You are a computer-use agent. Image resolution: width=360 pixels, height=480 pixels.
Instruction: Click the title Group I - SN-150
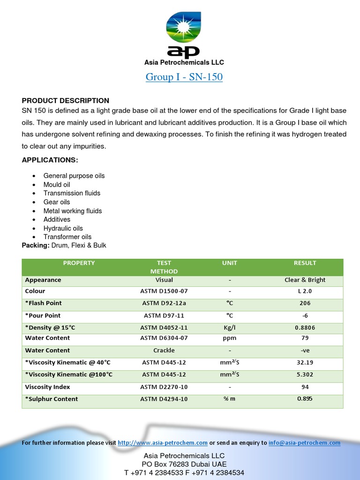(x=184, y=77)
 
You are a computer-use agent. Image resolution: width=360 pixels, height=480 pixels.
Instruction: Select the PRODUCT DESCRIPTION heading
(x=66, y=101)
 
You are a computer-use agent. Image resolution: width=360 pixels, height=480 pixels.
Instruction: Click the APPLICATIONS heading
(x=50, y=160)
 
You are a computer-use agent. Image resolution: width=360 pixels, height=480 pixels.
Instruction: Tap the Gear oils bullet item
(x=57, y=202)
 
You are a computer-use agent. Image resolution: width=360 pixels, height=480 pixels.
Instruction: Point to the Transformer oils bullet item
(x=67, y=237)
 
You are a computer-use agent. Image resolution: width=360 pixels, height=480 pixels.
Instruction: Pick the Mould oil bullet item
(x=57, y=185)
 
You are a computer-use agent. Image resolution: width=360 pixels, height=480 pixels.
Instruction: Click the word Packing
(x=35, y=245)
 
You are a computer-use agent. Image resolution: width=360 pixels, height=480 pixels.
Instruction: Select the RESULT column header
(x=305, y=263)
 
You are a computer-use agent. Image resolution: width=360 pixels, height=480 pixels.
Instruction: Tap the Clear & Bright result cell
(x=305, y=280)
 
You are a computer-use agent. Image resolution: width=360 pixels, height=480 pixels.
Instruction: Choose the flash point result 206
(x=305, y=303)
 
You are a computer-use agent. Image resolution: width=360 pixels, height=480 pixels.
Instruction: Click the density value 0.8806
(x=305, y=328)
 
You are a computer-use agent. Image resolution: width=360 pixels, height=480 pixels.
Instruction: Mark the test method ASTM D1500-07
(x=164, y=291)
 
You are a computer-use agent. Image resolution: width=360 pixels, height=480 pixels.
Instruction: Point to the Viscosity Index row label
(x=47, y=387)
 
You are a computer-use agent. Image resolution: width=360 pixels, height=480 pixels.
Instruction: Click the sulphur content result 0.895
(x=305, y=399)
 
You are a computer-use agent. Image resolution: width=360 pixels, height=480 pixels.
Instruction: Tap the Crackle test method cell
(x=164, y=350)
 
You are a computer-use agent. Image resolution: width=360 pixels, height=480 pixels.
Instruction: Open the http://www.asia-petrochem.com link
(x=163, y=442)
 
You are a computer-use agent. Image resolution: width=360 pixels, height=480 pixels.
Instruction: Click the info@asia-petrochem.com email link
(x=304, y=442)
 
